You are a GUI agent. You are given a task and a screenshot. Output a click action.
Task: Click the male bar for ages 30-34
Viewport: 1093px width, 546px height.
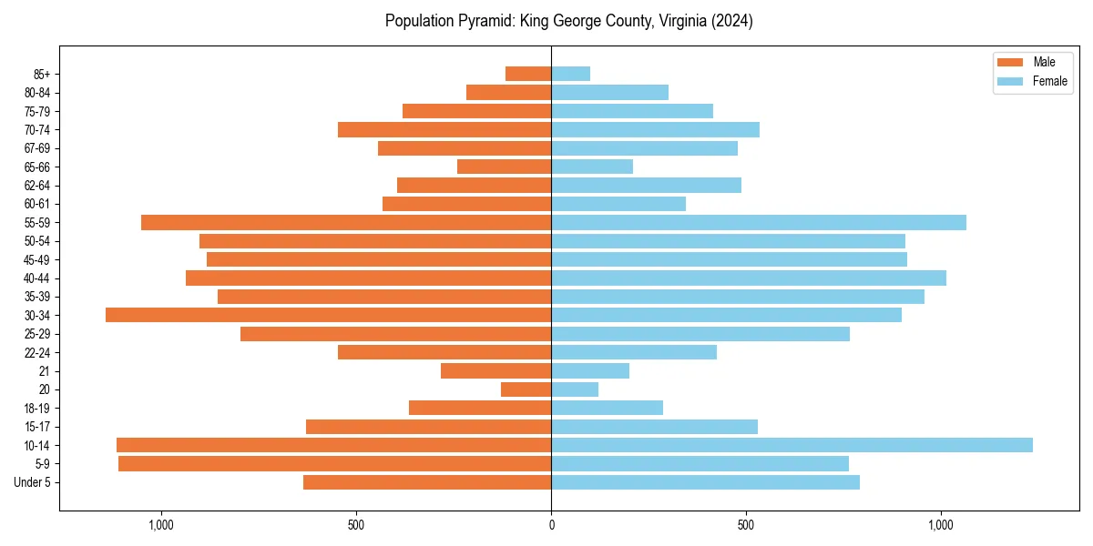pyautogui.click(x=328, y=315)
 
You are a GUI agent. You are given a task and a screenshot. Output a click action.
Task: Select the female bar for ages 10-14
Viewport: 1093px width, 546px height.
pyautogui.click(x=792, y=445)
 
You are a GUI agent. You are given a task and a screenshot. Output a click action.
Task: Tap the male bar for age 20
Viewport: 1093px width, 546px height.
pyautogui.click(x=526, y=389)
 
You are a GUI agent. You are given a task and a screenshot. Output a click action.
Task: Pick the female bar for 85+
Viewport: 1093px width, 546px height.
pyautogui.click(x=570, y=74)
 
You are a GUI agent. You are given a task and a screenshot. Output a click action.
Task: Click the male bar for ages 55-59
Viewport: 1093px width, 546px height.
pyautogui.click(x=346, y=222)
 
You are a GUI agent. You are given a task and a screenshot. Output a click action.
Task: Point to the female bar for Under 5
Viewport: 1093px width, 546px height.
pyautogui.click(x=705, y=482)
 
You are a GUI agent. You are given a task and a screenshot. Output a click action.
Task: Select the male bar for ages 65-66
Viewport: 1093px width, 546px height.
pyautogui.click(x=504, y=167)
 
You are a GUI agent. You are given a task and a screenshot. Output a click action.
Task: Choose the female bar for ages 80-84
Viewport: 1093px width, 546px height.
pyautogui.click(x=609, y=92)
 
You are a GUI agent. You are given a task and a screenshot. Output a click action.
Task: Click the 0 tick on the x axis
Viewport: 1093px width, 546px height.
pyautogui.click(x=551, y=525)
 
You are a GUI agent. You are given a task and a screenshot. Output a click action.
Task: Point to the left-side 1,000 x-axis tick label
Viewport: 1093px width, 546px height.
pyautogui.click(x=161, y=525)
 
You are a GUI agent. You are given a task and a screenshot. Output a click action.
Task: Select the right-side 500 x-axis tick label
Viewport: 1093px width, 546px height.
pyautogui.click(x=746, y=525)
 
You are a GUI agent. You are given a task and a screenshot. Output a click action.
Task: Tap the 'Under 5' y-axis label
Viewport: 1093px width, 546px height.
pyautogui.click(x=33, y=482)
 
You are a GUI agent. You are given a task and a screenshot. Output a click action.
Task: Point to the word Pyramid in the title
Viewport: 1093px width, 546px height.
pyautogui.click(x=484, y=21)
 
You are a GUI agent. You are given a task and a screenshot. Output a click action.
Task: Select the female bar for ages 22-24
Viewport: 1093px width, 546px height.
pyautogui.click(x=634, y=352)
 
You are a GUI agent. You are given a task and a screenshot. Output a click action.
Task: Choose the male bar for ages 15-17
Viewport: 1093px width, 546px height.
pyautogui.click(x=428, y=427)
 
